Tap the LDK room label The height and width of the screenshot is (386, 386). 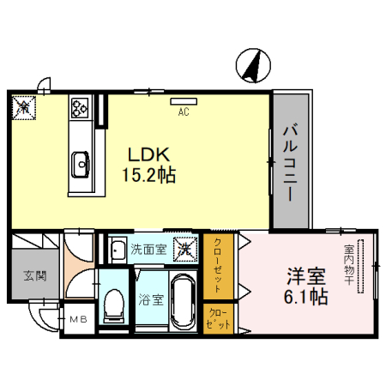pyautogui.click(x=151, y=154)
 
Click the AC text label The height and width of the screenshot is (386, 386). pyautogui.click(x=184, y=112)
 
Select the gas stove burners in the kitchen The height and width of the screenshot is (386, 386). pyautogui.click(x=81, y=108)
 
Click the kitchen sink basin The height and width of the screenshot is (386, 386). pyautogui.click(x=81, y=160)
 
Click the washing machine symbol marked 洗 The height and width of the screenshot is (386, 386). pyautogui.click(x=184, y=250)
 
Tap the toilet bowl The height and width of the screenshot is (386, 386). pyautogui.click(x=112, y=304)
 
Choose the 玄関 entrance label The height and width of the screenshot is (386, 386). pyautogui.click(x=34, y=276)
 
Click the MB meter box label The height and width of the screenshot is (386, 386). pyautogui.click(x=78, y=322)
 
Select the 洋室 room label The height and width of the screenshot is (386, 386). pyautogui.click(x=305, y=276)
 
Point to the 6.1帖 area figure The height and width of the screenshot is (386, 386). pyautogui.click(x=306, y=298)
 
